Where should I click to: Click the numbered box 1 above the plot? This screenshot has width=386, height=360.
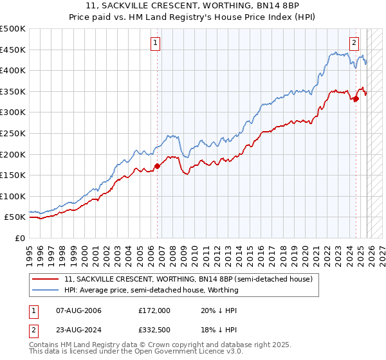coord(156,43)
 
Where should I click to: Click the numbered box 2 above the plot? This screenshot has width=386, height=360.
coord(354,43)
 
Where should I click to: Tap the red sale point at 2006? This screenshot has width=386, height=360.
coord(158,166)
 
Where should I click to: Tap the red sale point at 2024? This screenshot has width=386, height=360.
coord(356,98)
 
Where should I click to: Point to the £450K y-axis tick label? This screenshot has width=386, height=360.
coord(13,50)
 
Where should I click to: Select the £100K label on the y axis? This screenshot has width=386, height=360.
coord(13,196)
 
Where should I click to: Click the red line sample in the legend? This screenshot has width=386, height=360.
coord(46,280)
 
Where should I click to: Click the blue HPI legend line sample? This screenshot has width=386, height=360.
coord(46,290)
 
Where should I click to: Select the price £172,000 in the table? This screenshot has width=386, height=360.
coord(154,310)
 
